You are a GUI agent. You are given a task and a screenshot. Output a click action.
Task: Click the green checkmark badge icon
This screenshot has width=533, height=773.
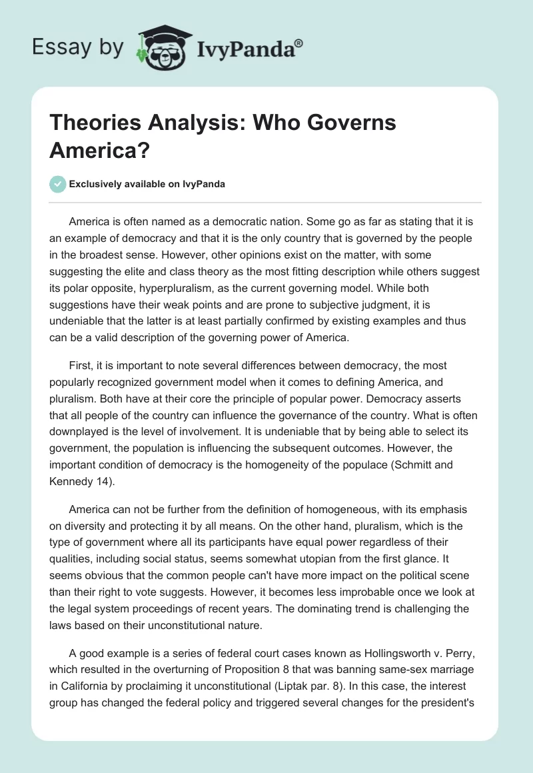coord(58,185)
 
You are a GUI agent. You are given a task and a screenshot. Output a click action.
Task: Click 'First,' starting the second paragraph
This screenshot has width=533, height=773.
coord(81,365)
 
